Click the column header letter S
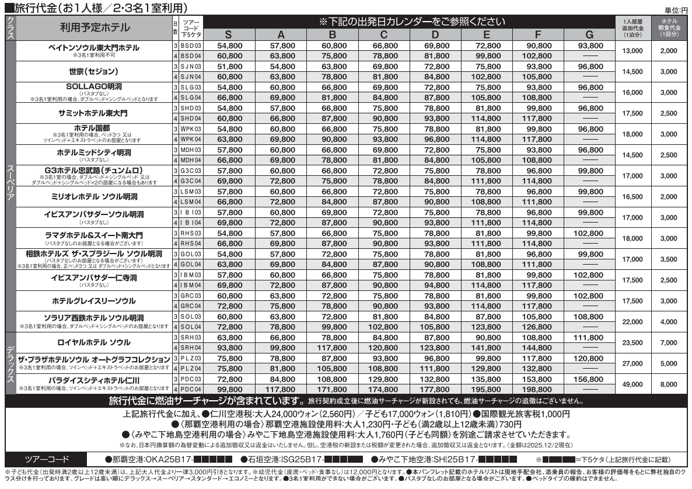[x=229, y=34]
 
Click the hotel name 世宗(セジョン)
[x=94, y=71]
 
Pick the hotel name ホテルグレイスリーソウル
[x=94, y=301]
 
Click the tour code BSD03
[x=190, y=46]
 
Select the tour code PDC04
[x=190, y=389]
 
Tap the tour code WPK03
[x=190, y=129]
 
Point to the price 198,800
[x=535, y=389]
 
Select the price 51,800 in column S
[x=229, y=67]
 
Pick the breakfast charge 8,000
[x=669, y=383]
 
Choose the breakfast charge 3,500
[x=669, y=259]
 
